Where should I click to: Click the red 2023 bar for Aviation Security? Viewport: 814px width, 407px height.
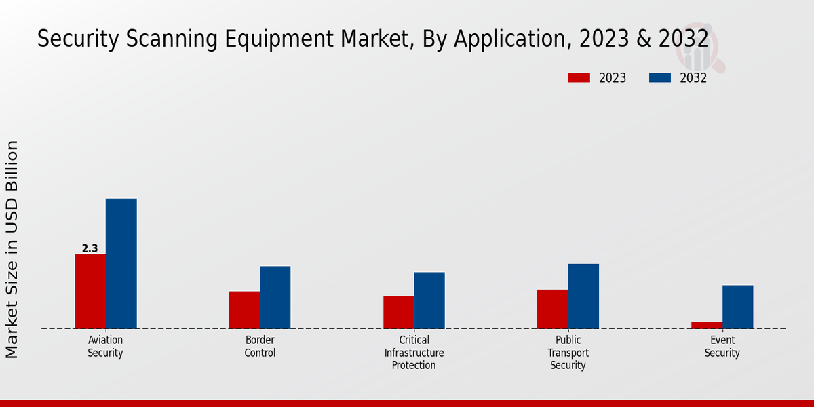pos(90,291)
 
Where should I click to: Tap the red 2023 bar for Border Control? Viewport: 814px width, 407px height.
pos(244,310)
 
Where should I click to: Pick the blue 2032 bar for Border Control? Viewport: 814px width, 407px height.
pos(275,297)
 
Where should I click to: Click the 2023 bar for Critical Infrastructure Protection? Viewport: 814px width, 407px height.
pos(398,312)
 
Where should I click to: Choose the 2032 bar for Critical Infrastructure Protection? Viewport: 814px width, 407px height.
pos(429,301)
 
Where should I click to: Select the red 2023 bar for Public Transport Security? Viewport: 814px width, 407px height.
pos(552,309)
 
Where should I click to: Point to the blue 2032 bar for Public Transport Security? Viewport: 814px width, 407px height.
pos(583,296)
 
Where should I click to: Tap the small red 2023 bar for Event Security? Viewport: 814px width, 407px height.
pos(707,326)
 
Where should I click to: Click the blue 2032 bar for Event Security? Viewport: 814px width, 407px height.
pos(737,307)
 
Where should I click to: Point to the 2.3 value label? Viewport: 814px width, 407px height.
pos(90,249)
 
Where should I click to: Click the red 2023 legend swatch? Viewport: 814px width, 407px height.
pos(579,78)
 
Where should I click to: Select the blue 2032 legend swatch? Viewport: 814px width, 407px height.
pos(659,78)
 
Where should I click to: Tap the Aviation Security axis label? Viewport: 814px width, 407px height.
pos(105,347)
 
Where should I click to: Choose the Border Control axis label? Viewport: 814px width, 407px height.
pos(260,347)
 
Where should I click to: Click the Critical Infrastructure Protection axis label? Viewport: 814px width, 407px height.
pos(414,353)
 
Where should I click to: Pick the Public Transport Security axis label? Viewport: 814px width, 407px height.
pos(568,353)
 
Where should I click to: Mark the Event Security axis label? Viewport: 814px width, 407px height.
pos(722,347)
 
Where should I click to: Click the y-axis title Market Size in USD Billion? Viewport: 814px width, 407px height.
pos(12,249)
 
